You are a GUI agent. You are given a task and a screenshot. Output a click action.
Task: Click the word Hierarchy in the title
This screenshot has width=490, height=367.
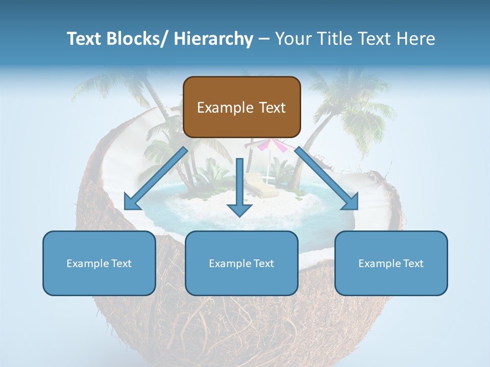(x=213, y=39)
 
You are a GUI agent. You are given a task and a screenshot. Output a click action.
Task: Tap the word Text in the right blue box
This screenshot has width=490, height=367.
(x=413, y=264)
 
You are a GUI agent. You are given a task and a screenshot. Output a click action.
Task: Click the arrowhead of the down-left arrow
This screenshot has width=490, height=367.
(x=132, y=202)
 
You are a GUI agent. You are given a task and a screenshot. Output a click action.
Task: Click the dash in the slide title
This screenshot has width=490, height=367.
(x=264, y=39)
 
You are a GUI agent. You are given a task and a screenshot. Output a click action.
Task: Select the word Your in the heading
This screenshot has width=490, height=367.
(x=291, y=39)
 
